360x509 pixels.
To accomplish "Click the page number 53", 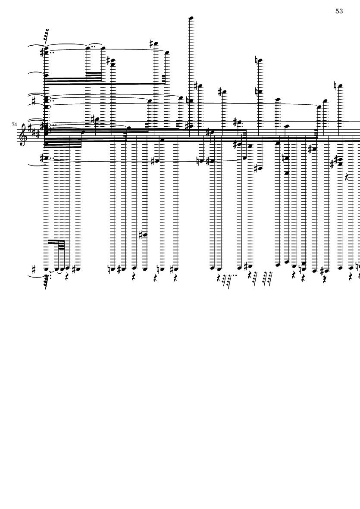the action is pyautogui.click(x=339, y=11).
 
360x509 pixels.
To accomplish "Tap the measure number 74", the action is pyautogui.click(x=14, y=124).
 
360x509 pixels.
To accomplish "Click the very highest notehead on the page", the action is pyautogui.click(x=191, y=18).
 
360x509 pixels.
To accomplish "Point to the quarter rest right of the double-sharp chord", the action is pyautogui.click(x=347, y=177).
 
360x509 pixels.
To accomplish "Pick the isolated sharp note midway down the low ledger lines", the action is pyautogui.click(x=143, y=235).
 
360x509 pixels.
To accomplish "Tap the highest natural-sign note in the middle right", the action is pyautogui.click(x=259, y=60).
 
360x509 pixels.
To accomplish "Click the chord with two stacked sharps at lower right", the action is pyautogui.click(x=338, y=161).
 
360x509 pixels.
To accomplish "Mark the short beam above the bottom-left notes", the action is pyautogui.click(x=56, y=241).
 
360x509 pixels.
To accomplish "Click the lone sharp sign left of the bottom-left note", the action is pyautogui.click(x=34, y=269).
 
